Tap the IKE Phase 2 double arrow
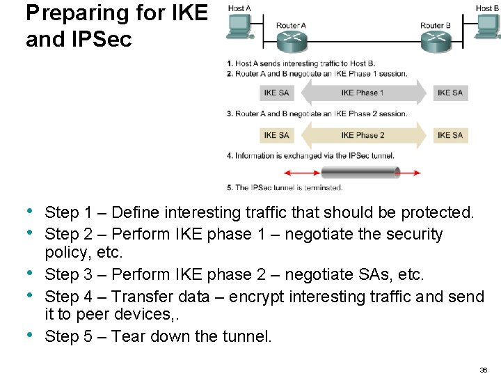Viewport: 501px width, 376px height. click(x=362, y=135)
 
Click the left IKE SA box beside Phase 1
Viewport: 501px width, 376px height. click(x=276, y=93)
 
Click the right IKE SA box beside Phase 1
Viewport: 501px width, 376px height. click(x=450, y=93)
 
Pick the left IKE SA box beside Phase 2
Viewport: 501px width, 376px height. click(x=276, y=135)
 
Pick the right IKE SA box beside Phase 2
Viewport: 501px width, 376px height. click(x=450, y=135)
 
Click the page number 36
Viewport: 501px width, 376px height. click(x=483, y=369)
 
